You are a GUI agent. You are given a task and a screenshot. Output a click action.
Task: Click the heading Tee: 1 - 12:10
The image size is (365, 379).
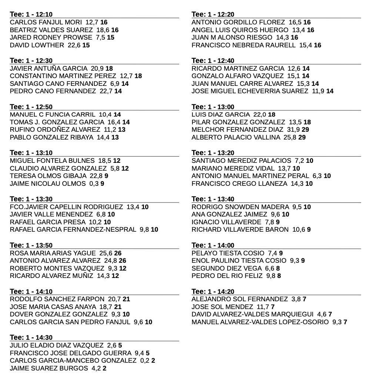click(x=31, y=14)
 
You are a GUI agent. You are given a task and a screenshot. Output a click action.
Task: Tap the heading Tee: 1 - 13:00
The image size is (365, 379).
click(x=213, y=107)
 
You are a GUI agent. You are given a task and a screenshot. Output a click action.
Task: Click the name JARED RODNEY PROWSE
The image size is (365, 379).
click(x=51, y=37)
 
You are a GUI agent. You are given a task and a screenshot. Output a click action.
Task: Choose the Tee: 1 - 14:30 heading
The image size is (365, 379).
click(x=31, y=337)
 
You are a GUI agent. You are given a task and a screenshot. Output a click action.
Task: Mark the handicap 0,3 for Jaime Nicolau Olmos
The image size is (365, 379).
click(x=94, y=183)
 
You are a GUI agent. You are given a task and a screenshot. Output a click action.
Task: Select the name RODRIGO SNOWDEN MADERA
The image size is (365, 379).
click(x=240, y=207)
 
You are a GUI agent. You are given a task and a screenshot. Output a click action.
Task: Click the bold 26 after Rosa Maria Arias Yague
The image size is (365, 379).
click(x=118, y=253)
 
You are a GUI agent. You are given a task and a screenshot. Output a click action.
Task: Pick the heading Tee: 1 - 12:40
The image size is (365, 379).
click(x=213, y=61)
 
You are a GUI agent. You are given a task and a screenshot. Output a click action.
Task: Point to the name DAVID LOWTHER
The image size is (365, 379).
click(x=37, y=45)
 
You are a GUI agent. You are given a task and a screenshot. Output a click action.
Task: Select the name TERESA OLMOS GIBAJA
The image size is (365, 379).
click(x=48, y=176)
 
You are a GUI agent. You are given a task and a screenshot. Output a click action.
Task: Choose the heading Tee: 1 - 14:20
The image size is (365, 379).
click(x=213, y=291)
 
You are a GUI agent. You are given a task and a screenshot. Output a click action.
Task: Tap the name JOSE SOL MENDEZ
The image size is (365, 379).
click(x=222, y=307)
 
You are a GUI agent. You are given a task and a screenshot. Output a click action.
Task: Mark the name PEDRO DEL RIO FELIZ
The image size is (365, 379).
click(x=227, y=276)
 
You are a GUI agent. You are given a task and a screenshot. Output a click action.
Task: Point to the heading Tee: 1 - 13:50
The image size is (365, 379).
click(x=31, y=245)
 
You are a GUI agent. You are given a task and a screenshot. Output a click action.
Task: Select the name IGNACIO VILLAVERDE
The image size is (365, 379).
click(x=226, y=222)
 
